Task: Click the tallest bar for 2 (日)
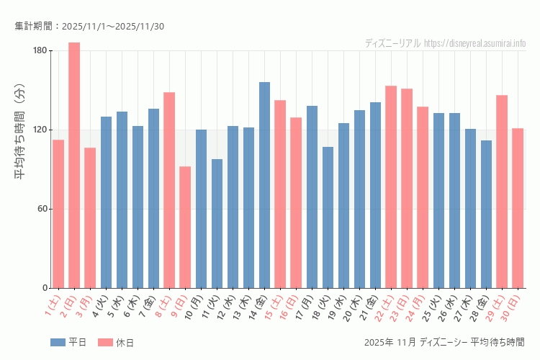74,166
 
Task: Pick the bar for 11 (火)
217,224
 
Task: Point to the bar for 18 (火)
328,217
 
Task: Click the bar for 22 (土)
391,187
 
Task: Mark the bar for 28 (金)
486,215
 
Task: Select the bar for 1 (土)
58,214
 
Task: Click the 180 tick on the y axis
40,50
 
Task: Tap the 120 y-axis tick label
40,130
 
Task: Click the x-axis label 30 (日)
516,307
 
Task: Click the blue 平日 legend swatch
58,342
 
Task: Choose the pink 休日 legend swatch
105,342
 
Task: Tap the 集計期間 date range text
89,27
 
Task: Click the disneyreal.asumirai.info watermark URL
474,43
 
